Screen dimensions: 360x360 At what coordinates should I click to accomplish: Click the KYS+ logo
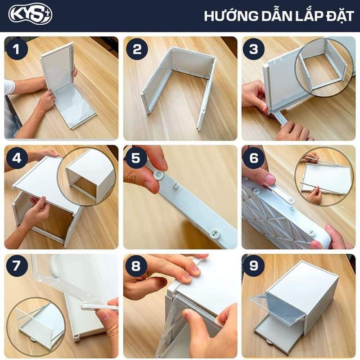tap(30, 15)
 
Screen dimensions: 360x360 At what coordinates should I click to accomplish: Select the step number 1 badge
tap(17, 49)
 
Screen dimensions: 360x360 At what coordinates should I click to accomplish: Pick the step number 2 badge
tap(137, 49)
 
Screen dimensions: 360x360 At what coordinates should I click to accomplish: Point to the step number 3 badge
tap(254, 49)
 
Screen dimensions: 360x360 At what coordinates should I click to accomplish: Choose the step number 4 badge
tap(17, 158)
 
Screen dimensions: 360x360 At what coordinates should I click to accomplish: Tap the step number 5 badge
tap(136, 158)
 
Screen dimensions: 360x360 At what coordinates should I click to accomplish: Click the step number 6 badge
tap(254, 158)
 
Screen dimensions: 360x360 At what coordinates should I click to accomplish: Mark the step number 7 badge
tap(17, 266)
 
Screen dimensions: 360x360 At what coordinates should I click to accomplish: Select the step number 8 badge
tap(136, 266)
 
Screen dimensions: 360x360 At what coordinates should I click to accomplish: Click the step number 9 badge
tap(254, 266)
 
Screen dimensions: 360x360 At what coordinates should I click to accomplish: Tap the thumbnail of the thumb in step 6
tap(270, 179)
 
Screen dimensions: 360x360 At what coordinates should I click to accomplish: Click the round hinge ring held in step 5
tap(159, 175)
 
